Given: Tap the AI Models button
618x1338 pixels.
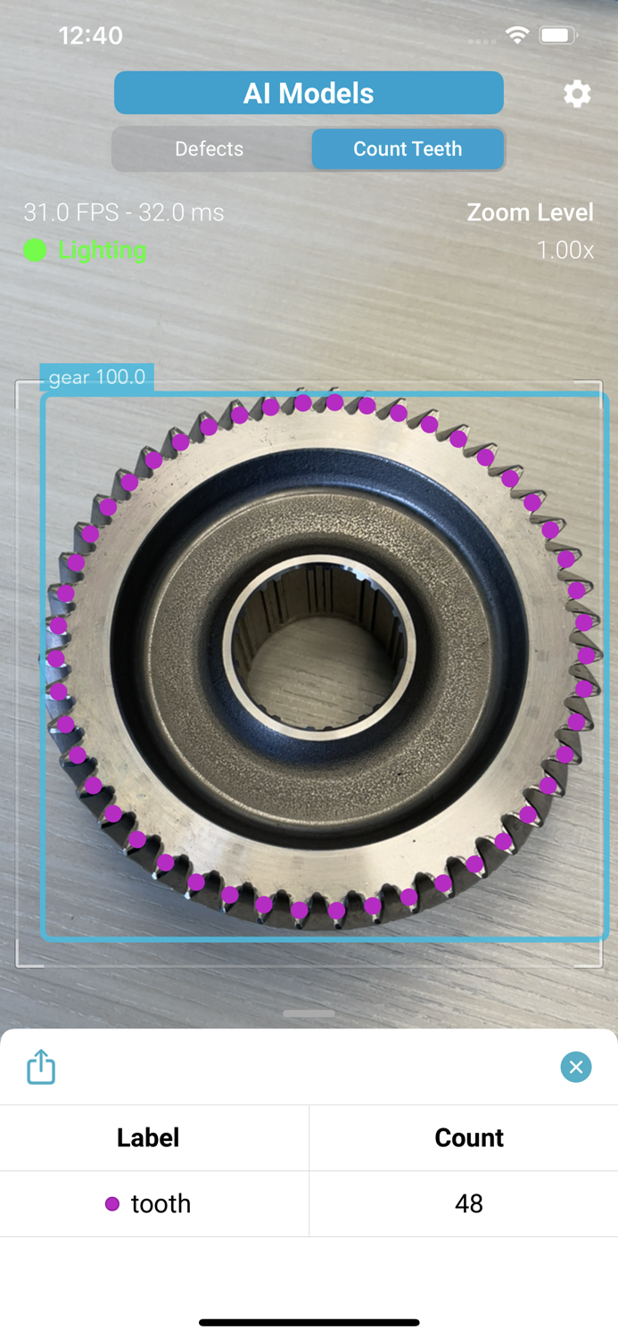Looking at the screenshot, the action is tap(309, 93).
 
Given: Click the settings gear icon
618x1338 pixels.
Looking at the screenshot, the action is tap(577, 94).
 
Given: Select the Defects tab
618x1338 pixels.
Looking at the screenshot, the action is tap(209, 149).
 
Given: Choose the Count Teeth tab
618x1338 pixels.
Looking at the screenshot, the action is tap(408, 149).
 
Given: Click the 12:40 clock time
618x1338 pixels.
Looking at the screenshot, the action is tap(91, 36).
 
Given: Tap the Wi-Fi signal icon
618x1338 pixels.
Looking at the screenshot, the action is tap(517, 36).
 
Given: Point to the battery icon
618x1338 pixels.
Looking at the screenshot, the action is tap(558, 36).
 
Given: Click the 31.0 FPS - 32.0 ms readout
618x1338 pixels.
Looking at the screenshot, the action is tap(124, 212).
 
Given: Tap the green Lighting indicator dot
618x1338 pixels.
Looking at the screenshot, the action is tap(35, 251).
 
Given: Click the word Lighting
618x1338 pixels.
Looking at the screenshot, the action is tap(102, 251).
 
